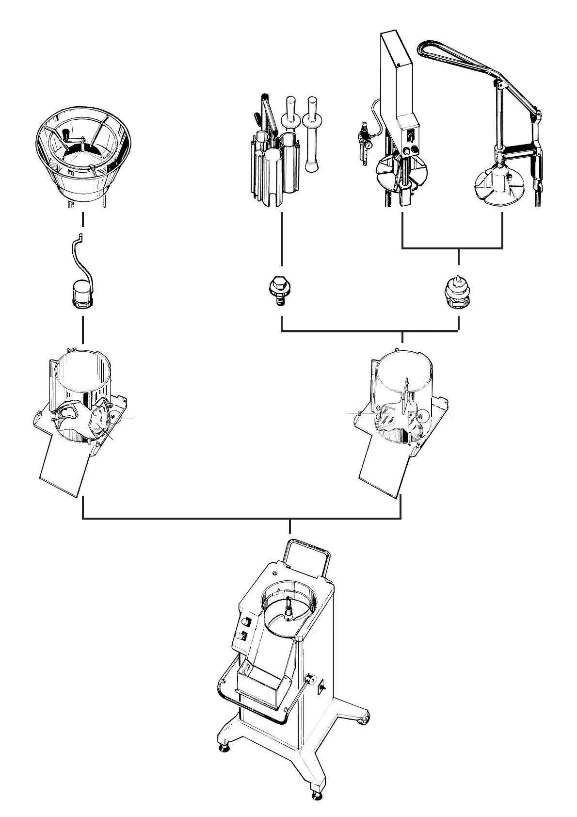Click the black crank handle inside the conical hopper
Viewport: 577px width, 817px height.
pyautogui.click(x=64, y=134)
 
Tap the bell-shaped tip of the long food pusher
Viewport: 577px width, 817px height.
pyautogui.click(x=312, y=166)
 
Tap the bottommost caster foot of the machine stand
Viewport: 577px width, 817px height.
pyautogui.click(x=317, y=795)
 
